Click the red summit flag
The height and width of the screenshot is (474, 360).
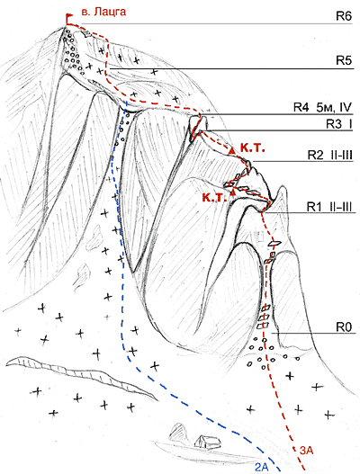(x=69, y=18)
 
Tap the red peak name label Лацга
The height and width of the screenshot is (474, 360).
(x=109, y=12)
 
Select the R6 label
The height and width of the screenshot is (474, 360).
(x=344, y=16)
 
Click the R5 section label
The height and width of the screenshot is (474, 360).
(x=344, y=61)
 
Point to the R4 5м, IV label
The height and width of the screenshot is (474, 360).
(x=322, y=107)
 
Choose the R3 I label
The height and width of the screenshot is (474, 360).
(x=338, y=123)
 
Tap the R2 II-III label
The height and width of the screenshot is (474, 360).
(x=330, y=155)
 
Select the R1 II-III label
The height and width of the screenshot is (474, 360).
(x=329, y=207)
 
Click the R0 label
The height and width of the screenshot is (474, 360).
(x=344, y=326)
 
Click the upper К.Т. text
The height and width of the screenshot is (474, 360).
(x=253, y=148)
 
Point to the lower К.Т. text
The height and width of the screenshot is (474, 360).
(x=214, y=198)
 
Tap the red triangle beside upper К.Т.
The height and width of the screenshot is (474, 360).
(x=232, y=150)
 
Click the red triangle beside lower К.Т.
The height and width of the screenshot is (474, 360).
(x=232, y=191)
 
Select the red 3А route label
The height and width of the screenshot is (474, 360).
(x=307, y=451)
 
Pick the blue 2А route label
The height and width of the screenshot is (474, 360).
(x=262, y=467)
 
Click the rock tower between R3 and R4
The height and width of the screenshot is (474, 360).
(x=199, y=127)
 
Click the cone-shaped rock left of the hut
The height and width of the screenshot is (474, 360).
(x=180, y=432)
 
